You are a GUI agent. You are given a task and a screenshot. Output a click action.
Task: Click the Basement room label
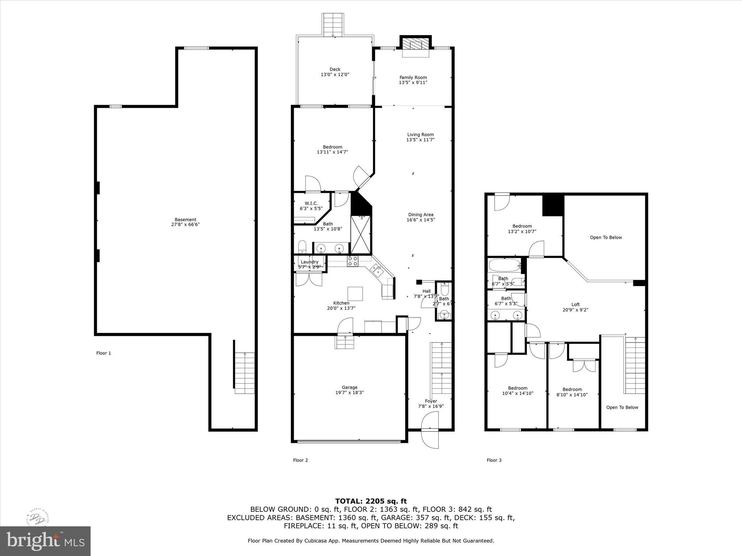(185, 220)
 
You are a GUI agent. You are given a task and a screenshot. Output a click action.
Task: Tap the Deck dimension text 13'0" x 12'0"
(335, 75)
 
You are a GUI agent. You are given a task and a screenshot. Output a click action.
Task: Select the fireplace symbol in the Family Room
(416, 45)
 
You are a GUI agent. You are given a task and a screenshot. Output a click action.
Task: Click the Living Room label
(420, 135)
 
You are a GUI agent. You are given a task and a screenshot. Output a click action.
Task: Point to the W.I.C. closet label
(311, 203)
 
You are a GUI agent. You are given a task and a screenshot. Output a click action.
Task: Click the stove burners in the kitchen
(353, 261)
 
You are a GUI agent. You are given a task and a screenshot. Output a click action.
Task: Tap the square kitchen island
(355, 294)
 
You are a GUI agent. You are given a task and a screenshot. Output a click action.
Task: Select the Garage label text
(349, 387)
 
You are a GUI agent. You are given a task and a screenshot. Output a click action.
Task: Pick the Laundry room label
(309, 262)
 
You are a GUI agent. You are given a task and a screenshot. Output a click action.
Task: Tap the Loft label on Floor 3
(575, 304)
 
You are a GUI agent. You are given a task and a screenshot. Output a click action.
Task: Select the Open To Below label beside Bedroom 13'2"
(606, 237)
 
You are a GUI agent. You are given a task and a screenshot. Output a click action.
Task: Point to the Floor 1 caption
(104, 353)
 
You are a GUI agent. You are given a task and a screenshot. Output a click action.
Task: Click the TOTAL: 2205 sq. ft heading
(371, 501)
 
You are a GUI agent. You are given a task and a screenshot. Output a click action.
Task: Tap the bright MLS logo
(45, 541)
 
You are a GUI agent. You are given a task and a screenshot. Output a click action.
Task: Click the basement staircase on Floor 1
(245, 373)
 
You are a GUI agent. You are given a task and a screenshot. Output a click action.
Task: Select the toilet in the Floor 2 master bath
(303, 247)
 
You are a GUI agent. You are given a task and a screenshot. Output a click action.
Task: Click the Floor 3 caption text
(494, 460)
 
